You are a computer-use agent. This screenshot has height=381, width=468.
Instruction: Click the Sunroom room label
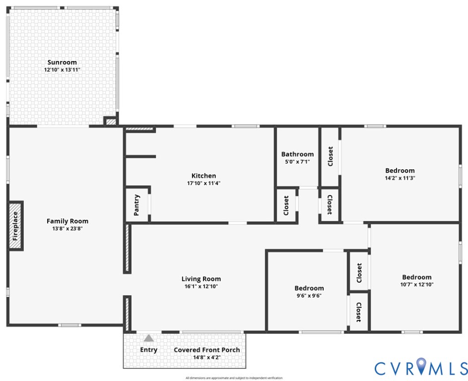pyautogui.click(x=62, y=63)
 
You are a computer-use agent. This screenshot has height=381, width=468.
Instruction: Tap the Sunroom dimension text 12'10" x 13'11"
pyautogui.click(x=62, y=70)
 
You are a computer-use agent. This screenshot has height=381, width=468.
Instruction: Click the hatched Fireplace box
pyautogui.click(x=15, y=226)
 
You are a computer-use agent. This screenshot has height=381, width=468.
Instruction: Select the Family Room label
pyautogui.click(x=67, y=221)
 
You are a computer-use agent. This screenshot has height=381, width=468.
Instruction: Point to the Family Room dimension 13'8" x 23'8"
pyautogui.click(x=67, y=229)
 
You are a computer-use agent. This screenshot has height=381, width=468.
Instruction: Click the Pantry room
pyautogui.click(x=136, y=205)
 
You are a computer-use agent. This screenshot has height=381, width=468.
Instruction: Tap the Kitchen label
pyautogui.click(x=203, y=176)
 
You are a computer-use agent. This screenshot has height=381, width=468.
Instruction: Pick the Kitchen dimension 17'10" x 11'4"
pyautogui.click(x=203, y=183)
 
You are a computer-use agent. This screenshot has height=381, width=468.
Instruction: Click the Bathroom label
pyautogui.click(x=298, y=154)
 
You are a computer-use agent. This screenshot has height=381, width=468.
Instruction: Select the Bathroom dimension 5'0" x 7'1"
pyautogui.click(x=298, y=162)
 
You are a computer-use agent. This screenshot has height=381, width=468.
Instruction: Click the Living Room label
pyautogui.click(x=201, y=279)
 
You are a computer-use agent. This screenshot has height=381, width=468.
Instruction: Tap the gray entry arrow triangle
pyautogui.click(x=148, y=338)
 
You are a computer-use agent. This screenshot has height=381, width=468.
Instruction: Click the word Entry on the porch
pyautogui.click(x=148, y=350)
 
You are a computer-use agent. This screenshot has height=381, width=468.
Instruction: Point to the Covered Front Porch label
pyautogui.click(x=207, y=350)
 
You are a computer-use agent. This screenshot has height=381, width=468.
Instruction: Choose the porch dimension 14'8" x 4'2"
pyautogui.click(x=207, y=357)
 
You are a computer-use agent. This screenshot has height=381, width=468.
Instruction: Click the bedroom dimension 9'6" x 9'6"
pyautogui.click(x=309, y=296)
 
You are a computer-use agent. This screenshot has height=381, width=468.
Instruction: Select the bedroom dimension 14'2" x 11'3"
pyautogui.click(x=400, y=178)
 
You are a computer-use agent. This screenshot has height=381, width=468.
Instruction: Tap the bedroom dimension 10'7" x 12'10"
pyautogui.click(x=417, y=285)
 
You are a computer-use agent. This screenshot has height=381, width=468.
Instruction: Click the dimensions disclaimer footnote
pyautogui.click(x=234, y=378)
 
